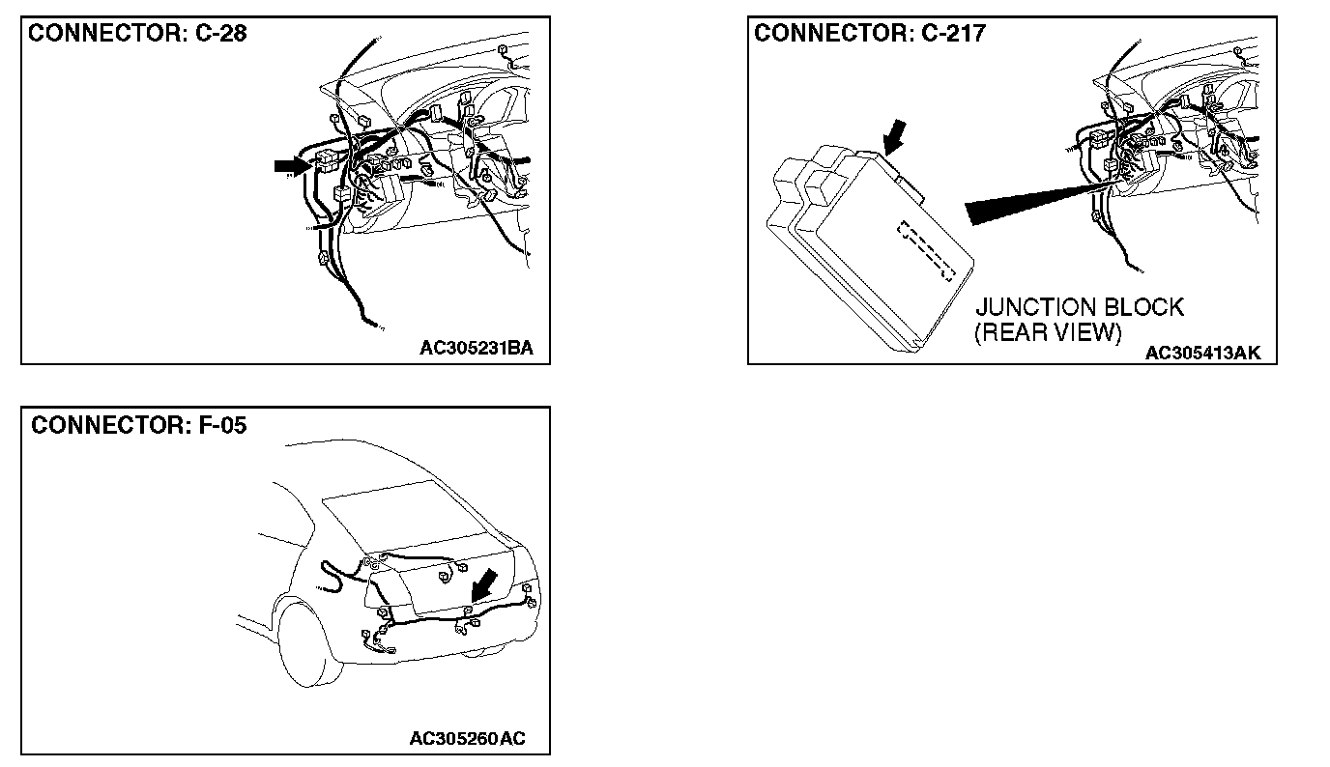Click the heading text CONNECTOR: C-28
tap(138, 34)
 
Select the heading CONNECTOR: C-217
tap(870, 34)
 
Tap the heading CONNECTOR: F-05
tap(139, 425)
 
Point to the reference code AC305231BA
tap(477, 348)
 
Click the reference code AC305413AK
tap(1202, 354)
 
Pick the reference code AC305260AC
tap(467, 739)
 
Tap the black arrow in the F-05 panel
tap(483, 583)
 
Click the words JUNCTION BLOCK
tap(1079, 308)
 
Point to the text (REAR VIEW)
tap(1048, 333)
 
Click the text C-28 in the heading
tap(219, 34)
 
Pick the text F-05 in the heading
tap(218, 425)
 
